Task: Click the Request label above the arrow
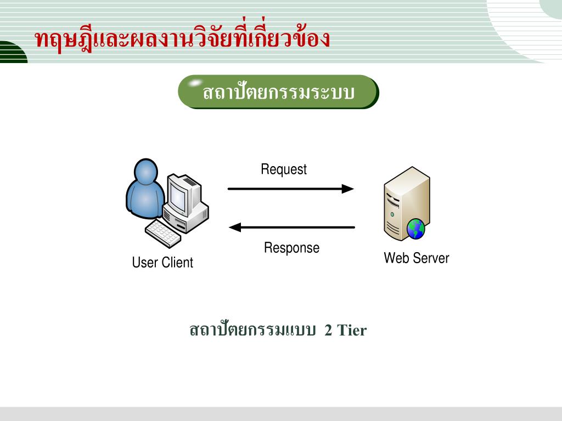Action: (x=284, y=169)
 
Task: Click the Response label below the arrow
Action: (x=291, y=248)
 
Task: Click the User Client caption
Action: (x=162, y=263)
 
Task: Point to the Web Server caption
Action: (x=416, y=258)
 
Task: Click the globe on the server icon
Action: (x=415, y=229)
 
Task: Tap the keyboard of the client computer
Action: (x=163, y=234)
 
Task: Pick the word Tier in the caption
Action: (x=351, y=331)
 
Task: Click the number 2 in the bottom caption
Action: (x=328, y=331)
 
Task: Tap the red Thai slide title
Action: (x=182, y=39)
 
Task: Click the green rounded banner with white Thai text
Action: (x=278, y=92)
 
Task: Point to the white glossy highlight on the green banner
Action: (x=194, y=84)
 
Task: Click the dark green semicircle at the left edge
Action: (x=12, y=53)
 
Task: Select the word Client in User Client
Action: (x=177, y=263)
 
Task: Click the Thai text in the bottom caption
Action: (x=252, y=331)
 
